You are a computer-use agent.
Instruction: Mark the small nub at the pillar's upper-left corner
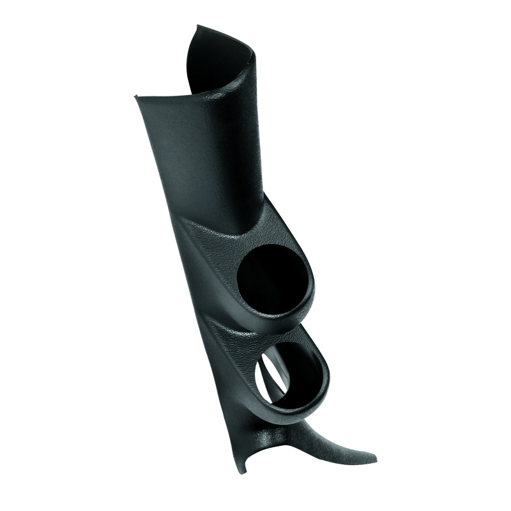pos(135,98)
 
